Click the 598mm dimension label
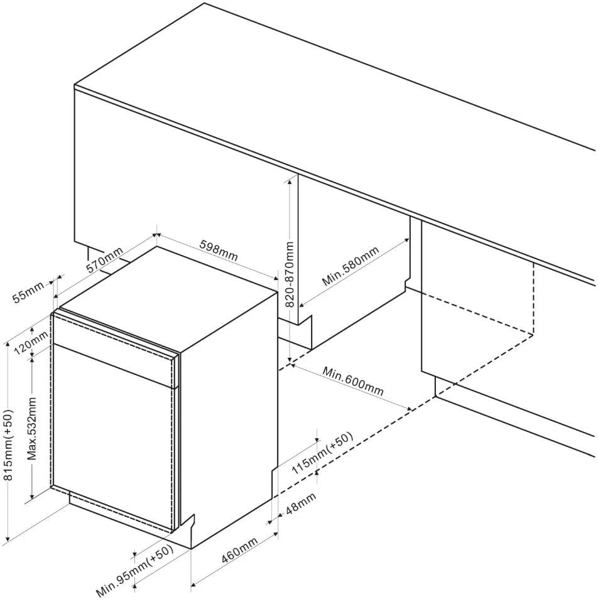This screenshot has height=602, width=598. tap(219, 250)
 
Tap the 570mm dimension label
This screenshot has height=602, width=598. tap(104, 260)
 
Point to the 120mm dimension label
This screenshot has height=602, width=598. tap(31, 343)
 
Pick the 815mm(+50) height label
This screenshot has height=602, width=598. tap(8, 444)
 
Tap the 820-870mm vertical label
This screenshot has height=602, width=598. tap(290, 274)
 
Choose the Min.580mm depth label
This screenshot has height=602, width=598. tap(351, 266)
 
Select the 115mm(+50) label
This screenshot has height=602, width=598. tap(322, 453)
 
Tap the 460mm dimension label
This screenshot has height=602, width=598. tap(239, 550)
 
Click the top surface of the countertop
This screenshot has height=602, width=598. tap(334, 115)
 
